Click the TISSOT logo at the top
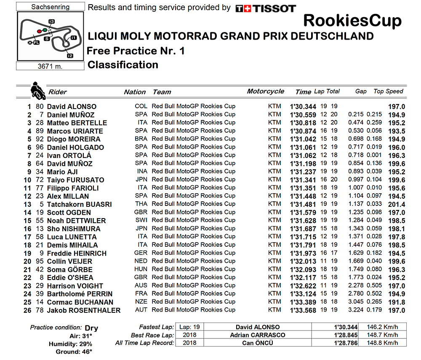point(266,8)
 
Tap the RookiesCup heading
point(352,20)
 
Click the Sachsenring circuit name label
point(51,7)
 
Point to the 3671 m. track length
point(51,66)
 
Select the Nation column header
point(135,92)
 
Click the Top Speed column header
point(388,91)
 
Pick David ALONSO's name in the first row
point(72,107)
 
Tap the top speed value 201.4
point(397,204)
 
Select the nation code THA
point(141,204)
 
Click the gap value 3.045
point(356,302)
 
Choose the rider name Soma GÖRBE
point(70,270)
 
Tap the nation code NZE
point(141,302)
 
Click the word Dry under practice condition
point(91,328)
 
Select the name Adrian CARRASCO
point(258,335)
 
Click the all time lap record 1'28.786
point(345,343)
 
